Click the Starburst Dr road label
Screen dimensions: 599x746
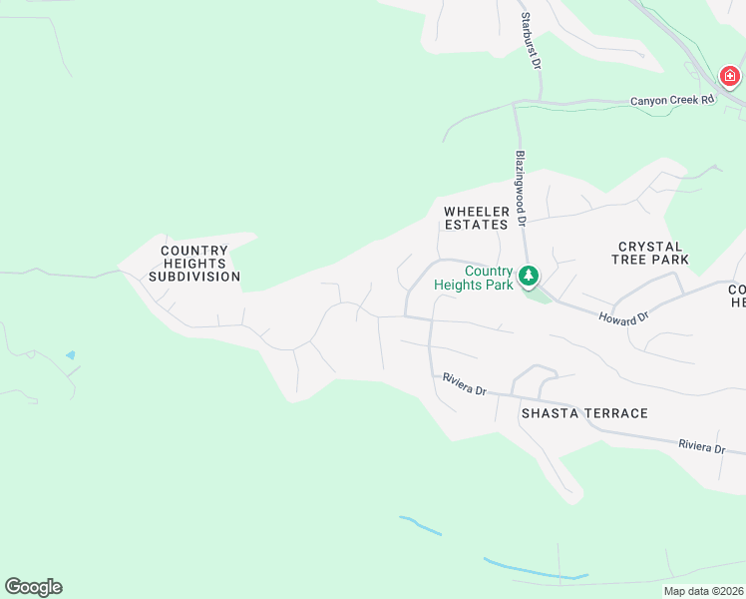click(x=530, y=41)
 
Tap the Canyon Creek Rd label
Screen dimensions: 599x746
click(x=673, y=101)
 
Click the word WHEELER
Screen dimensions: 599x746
click(x=477, y=212)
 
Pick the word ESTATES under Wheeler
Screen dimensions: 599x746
click(x=477, y=225)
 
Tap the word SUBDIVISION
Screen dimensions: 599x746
click(x=194, y=277)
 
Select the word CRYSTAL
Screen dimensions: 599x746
click(x=650, y=247)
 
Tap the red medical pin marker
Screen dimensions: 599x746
click(x=730, y=76)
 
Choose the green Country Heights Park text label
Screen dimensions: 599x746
click(x=475, y=278)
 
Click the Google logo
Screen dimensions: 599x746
click(x=33, y=587)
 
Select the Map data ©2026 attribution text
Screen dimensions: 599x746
click(x=704, y=591)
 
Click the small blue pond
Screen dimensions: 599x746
click(x=69, y=354)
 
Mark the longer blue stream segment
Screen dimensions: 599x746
click(x=535, y=570)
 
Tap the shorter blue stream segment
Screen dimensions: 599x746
click(x=420, y=525)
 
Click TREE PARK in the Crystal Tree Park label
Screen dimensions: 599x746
click(x=650, y=260)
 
